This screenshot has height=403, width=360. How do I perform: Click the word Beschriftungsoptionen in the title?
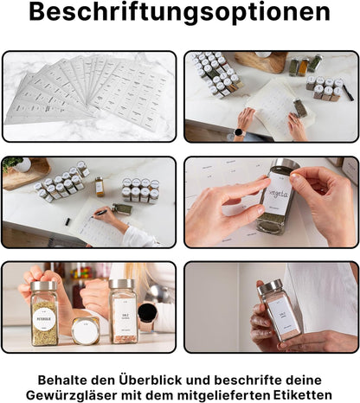pos(179,14)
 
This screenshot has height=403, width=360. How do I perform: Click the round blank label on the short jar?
pos(85,331)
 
